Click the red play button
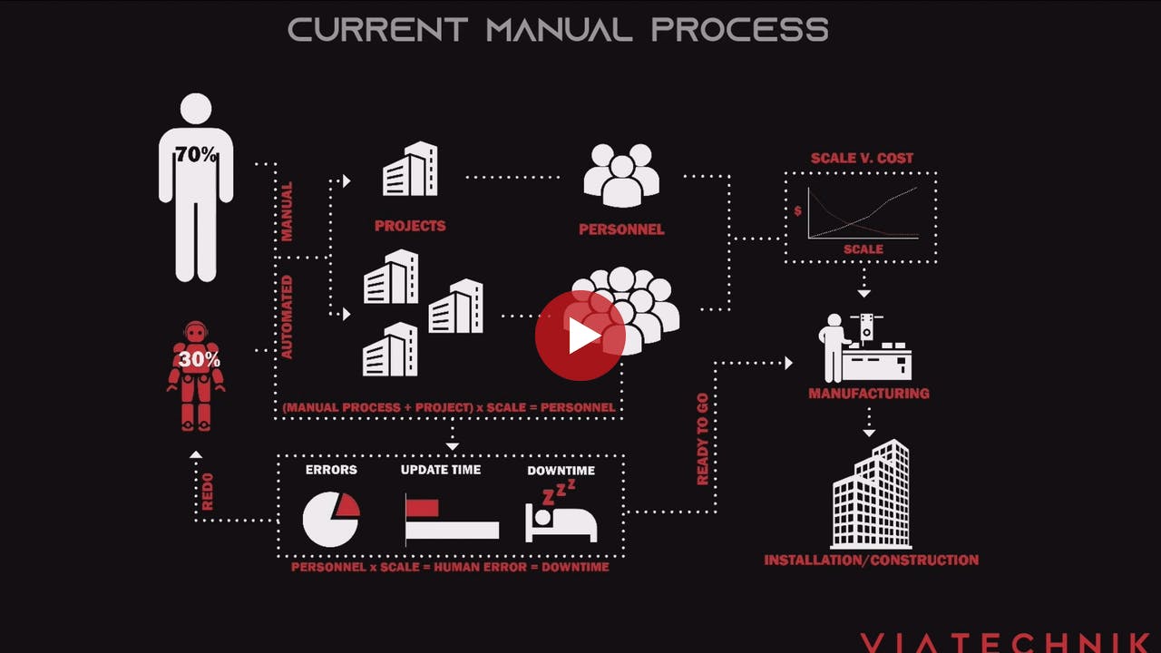pyautogui.click(x=580, y=336)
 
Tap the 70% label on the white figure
pyautogui.click(x=196, y=155)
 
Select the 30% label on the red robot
pyautogui.click(x=198, y=359)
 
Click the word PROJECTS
pyautogui.click(x=410, y=226)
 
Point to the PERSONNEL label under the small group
pyautogui.click(x=621, y=229)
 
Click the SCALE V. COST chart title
pyautogui.click(x=862, y=158)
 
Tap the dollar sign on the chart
pyautogui.click(x=798, y=211)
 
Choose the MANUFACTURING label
pyautogui.click(x=869, y=394)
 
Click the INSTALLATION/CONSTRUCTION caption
pyautogui.click(x=871, y=560)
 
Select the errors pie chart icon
pyautogui.click(x=330, y=519)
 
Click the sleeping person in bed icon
pyautogui.click(x=561, y=517)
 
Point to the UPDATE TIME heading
pyautogui.click(x=441, y=470)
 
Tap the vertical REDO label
pyautogui.click(x=208, y=491)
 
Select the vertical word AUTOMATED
pyautogui.click(x=287, y=317)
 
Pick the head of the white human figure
pyautogui.click(x=196, y=109)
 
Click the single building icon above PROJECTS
pyautogui.click(x=410, y=170)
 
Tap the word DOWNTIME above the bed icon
pyautogui.click(x=561, y=470)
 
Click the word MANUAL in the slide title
pyautogui.click(x=559, y=29)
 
